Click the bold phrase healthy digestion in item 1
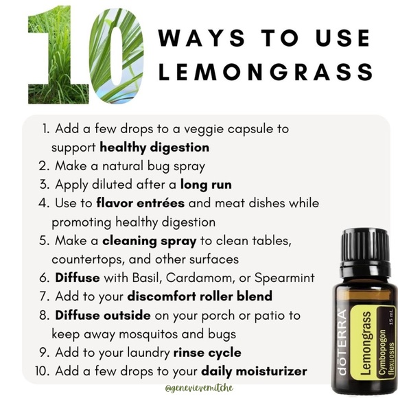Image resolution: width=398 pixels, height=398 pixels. [x=154, y=147]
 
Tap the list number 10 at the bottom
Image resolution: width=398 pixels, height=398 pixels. [x=40, y=371]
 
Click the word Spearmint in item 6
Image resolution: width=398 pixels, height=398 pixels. [x=287, y=278]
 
